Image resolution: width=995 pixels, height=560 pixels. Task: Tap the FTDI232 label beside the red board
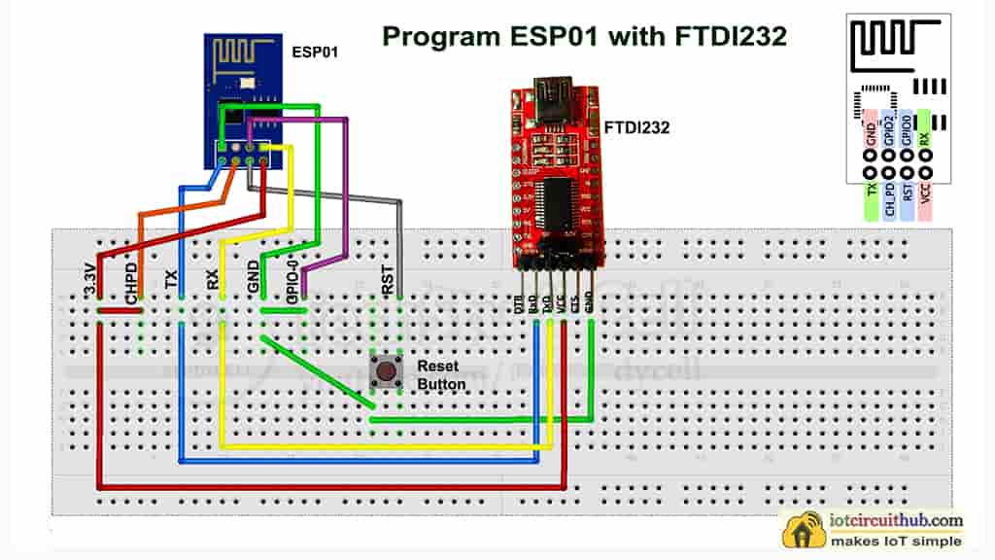pyautogui.click(x=636, y=126)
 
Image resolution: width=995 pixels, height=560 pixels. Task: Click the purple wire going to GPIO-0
pyautogui.click(x=346, y=194)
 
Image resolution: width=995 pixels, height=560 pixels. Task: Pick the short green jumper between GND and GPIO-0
pyautogui.click(x=283, y=311)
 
